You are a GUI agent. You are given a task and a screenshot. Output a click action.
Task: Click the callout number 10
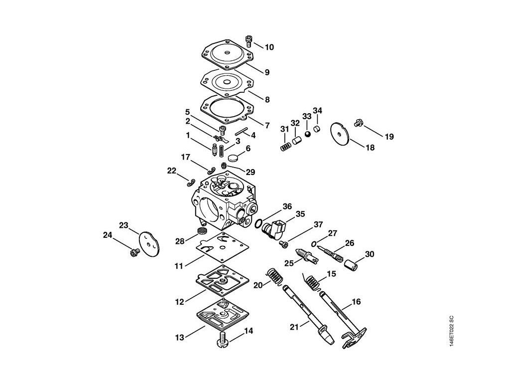(269, 47)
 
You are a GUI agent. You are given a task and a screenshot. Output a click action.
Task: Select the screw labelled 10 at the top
(249, 38)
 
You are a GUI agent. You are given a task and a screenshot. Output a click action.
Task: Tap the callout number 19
(389, 136)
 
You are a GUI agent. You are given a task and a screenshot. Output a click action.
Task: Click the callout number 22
(172, 171)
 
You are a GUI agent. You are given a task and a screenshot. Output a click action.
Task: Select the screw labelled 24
(133, 253)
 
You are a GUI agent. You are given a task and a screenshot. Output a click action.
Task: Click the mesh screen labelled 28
(202, 231)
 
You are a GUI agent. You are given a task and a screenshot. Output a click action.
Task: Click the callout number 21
(295, 327)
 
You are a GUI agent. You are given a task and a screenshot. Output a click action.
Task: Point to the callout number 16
(356, 302)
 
